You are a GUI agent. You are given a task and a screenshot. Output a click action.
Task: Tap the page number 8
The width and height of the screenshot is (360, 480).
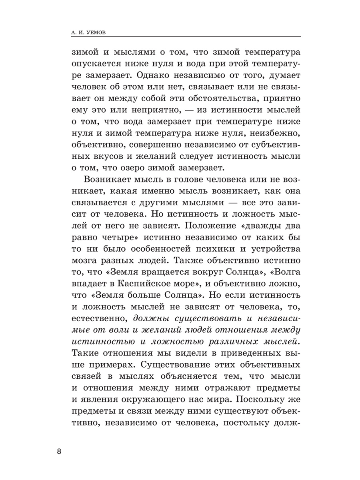point(59,452)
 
